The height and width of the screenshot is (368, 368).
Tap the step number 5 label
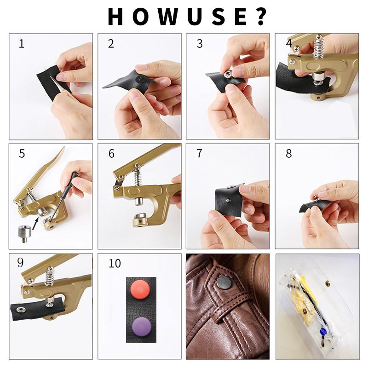click(x=22, y=154)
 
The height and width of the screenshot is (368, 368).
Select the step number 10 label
click(x=115, y=264)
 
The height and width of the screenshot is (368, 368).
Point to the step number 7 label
click(x=199, y=154)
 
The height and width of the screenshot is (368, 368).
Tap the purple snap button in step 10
click(x=141, y=324)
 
